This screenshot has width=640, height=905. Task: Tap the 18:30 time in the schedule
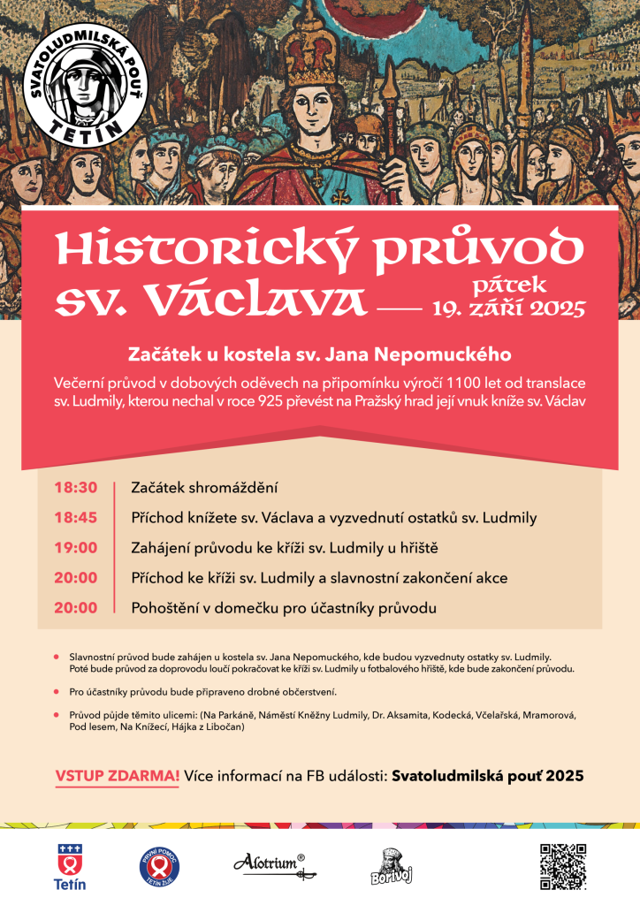click(x=76, y=487)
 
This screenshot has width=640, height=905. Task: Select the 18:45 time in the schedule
click(x=76, y=517)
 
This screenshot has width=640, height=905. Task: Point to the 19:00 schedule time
click(x=76, y=547)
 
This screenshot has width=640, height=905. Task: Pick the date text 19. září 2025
click(x=509, y=308)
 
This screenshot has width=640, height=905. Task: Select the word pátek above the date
click(x=510, y=285)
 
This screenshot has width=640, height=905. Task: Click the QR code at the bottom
click(x=563, y=866)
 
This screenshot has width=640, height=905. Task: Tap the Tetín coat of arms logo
click(x=70, y=865)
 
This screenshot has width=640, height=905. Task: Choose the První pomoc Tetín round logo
click(x=158, y=867)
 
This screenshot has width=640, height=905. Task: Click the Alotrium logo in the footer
click(x=269, y=863)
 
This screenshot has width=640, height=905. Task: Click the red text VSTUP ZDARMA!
click(x=118, y=775)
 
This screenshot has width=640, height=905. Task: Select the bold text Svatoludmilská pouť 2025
click(x=487, y=775)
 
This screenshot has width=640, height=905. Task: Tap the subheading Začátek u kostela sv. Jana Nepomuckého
click(x=319, y=355)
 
